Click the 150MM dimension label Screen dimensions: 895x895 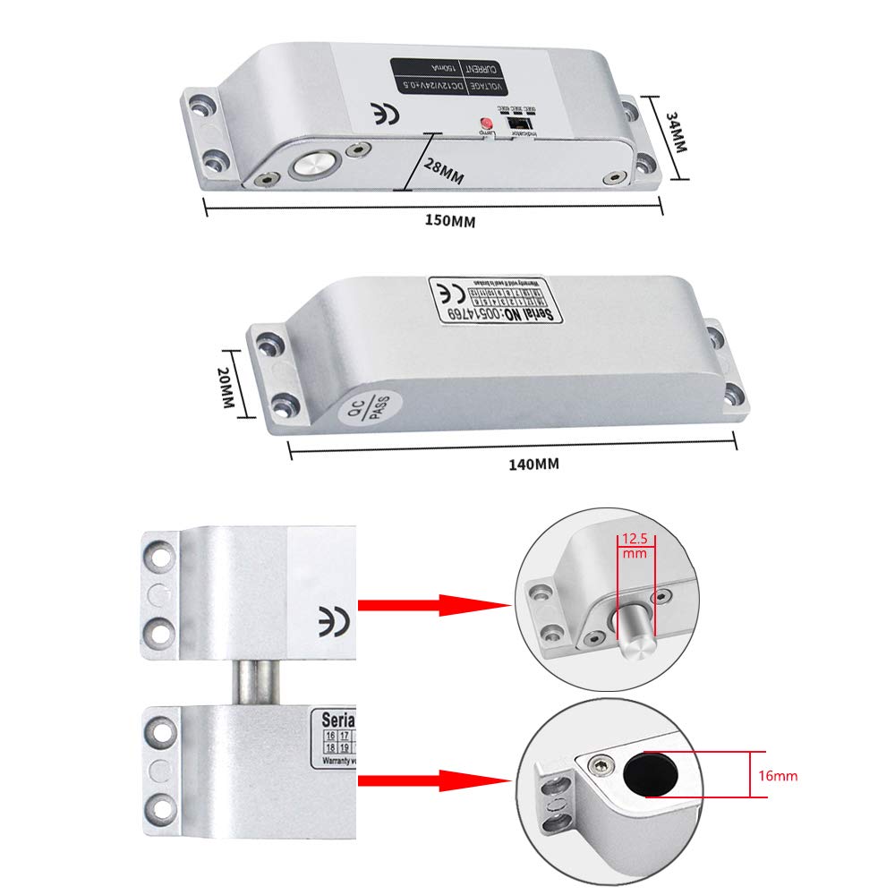pos(449,222)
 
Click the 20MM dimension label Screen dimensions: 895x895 pos(226,388)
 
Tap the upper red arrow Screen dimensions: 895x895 pos(433,605)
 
